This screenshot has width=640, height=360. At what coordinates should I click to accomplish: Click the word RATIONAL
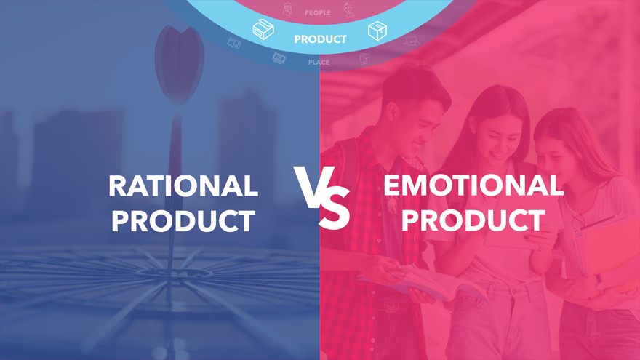[183, 186]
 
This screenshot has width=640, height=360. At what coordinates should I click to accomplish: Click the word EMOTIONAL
[473, 185]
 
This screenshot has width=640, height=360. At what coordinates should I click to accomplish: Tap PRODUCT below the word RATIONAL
[183, 221]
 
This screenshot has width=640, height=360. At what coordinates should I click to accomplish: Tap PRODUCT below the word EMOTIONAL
[473, 220]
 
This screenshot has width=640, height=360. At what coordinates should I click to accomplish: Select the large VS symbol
[322, 197]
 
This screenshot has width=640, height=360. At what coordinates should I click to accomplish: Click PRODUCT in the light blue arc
[320, 39]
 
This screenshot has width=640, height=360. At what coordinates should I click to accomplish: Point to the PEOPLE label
[318, 12]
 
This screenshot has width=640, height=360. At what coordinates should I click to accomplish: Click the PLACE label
[319, 63]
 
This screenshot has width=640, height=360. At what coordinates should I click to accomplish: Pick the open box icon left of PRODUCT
[263, 29]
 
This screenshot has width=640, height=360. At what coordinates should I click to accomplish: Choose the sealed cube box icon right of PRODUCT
[377, 31]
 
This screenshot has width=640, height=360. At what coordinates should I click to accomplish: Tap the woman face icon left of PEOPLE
[288, 9]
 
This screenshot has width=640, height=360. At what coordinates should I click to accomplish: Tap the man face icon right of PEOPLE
[348, 10]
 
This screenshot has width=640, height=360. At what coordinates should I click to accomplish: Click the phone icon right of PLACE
[364, 59]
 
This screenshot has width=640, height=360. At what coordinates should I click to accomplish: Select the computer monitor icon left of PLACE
[279, 58]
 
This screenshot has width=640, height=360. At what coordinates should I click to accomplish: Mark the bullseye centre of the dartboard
[175, 273]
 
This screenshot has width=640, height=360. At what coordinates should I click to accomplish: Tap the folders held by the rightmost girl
[604, 249]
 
